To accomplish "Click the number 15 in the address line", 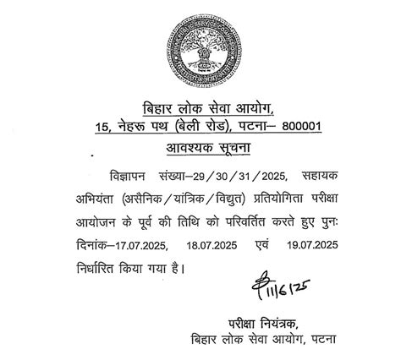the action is (104, 128).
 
